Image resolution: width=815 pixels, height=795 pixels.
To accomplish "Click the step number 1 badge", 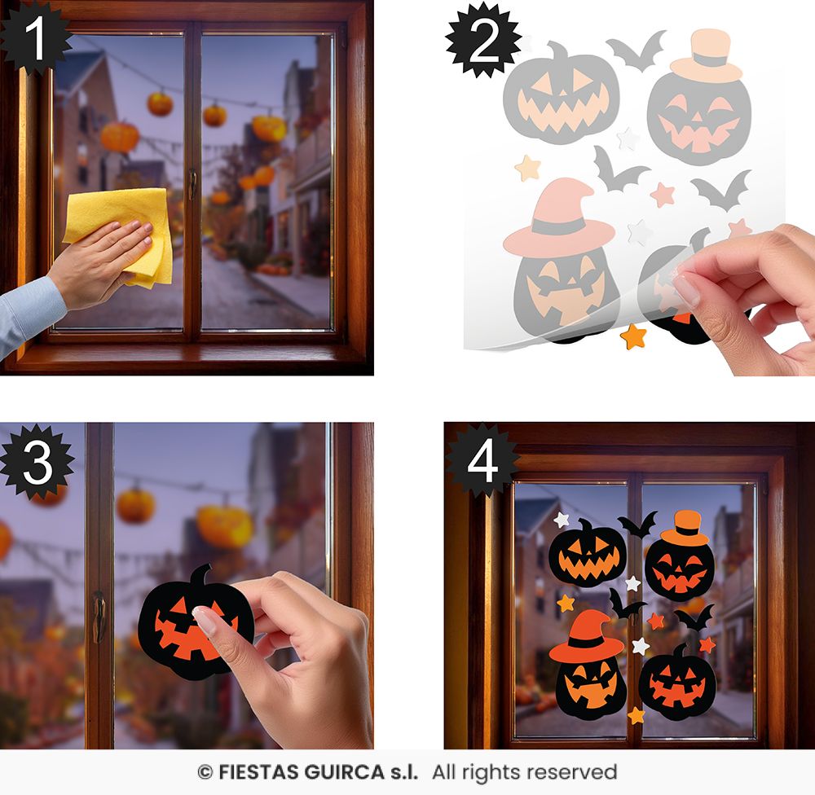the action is coord(34,37).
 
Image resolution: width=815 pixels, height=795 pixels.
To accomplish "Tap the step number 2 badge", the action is coord(483,41).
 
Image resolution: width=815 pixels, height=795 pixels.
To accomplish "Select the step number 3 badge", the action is coord(37,462).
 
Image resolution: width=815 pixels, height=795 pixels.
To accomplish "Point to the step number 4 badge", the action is coord(482,460).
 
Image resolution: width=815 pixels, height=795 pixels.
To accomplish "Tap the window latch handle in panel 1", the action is coord(193,184).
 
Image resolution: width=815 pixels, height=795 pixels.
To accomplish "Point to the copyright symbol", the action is coord(205,773).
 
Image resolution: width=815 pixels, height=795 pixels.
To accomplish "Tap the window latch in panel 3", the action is coord(99,617).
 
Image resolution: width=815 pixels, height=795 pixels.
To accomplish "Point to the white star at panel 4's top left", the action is coord(562,519).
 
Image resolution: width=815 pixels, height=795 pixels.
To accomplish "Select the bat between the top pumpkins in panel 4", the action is coord(638,525).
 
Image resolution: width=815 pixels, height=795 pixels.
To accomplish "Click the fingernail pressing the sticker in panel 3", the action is coord(204,619).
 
